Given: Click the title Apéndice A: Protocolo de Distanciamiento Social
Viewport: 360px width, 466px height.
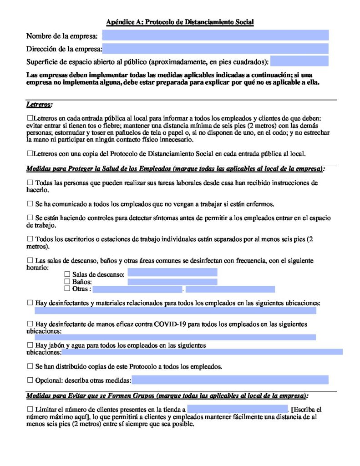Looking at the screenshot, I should (x=180, y=22).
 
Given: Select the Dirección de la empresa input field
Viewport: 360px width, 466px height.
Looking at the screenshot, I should (x=215, y=49).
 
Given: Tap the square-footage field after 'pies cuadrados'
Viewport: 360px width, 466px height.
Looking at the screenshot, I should (x=299, y=61).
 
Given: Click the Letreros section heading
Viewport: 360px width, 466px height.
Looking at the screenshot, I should (x=39, y=105).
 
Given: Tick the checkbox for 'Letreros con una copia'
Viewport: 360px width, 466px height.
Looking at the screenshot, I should (x=30, y=153).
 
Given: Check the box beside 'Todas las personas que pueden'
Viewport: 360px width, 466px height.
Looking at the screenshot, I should (x=30, y=183).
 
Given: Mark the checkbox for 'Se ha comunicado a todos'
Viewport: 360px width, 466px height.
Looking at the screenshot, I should (x=30, y=203).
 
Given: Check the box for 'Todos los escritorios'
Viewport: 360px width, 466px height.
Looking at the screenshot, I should (x=30, y=239).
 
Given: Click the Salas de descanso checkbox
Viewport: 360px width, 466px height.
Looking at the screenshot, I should (x=67, y=274).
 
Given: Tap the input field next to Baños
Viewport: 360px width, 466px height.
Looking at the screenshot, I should (x=172, y=282).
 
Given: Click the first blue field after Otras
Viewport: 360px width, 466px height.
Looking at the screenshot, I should (x=137, y=289).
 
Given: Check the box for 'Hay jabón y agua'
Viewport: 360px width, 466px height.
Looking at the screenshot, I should (x=30, y=345).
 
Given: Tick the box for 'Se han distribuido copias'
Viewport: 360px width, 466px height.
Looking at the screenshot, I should (x=30, y=366).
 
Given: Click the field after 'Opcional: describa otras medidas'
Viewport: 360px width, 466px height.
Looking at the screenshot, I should (x=230, y=380).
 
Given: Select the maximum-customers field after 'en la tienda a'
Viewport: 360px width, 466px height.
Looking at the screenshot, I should (x=237, y=409).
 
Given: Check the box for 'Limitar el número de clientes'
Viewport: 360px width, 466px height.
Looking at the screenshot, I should (x=30, y=410).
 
